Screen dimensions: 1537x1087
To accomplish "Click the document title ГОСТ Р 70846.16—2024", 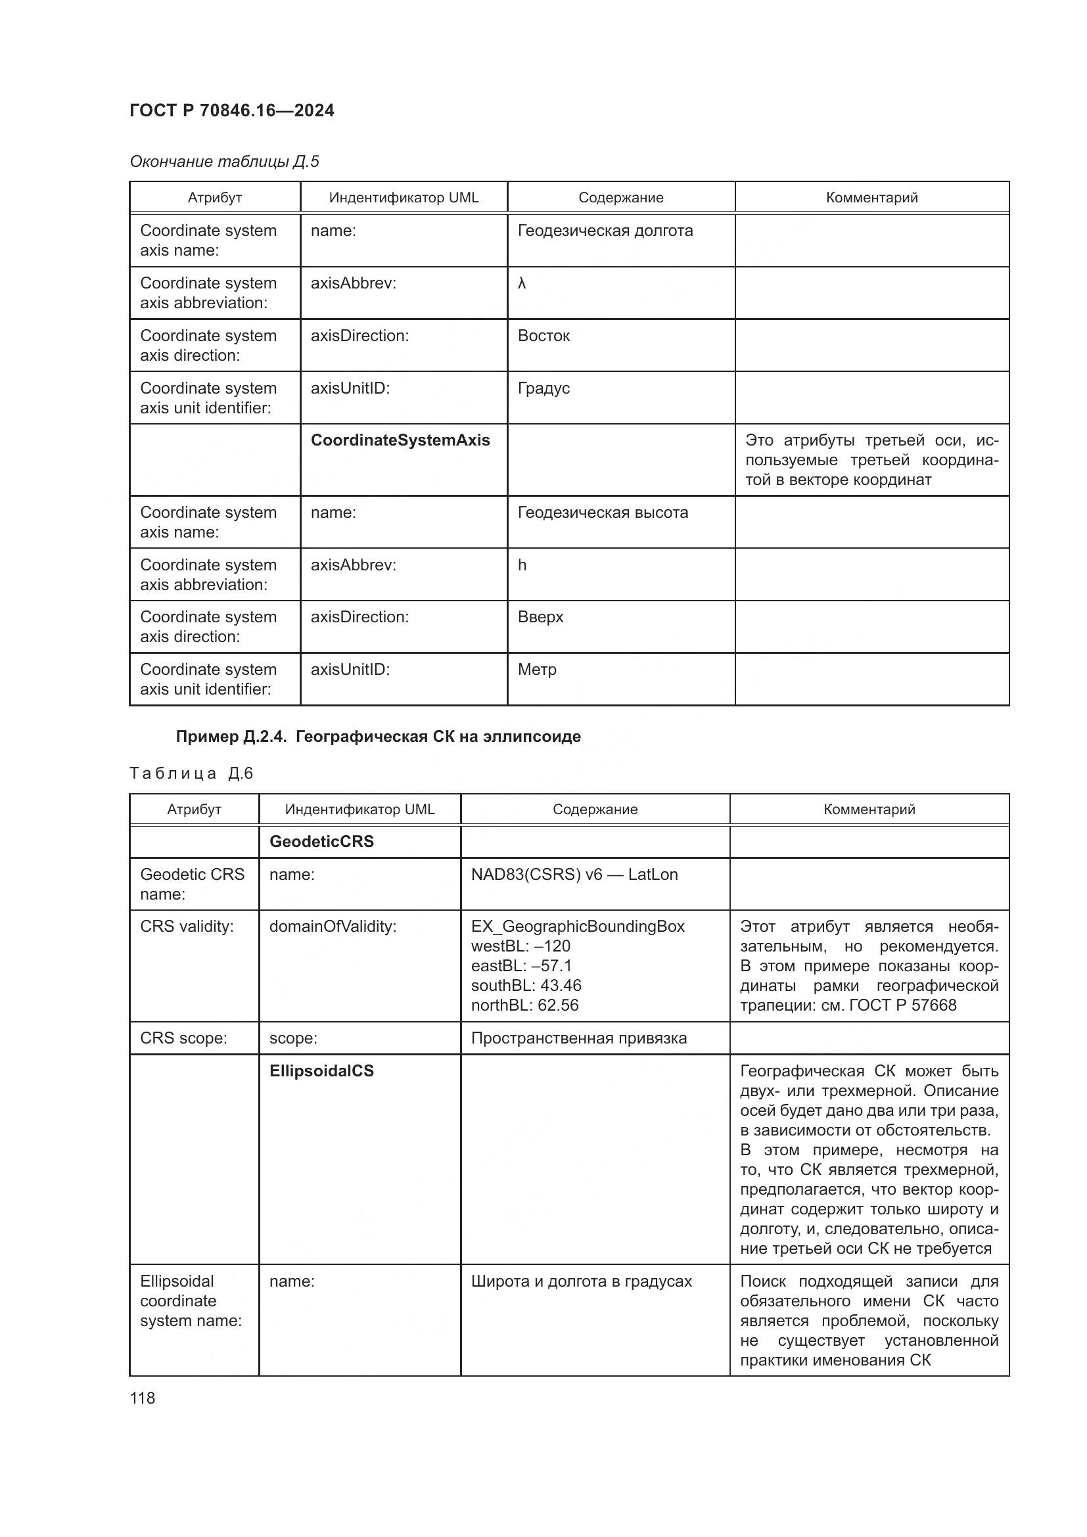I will point(231,110).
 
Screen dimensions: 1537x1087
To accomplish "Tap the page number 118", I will point(143,1398).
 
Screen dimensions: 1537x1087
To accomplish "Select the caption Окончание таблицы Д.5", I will point(224,162).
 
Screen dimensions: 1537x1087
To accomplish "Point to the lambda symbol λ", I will point(522,283).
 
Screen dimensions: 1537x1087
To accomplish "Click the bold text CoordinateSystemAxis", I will point(400,440).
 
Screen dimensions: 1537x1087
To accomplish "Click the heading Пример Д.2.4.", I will point(378,737).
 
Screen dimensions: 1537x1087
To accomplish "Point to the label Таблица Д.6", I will point(191,774).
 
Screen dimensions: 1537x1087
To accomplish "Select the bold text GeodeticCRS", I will point(321,842).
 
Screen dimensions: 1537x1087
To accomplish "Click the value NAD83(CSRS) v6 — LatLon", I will point(574,874).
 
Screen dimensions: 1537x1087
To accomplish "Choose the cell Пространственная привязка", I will point(579,1038).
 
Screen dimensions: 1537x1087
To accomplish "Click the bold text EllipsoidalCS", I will point(321,1071).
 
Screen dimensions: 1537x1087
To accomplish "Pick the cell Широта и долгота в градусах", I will point(581,1281).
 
